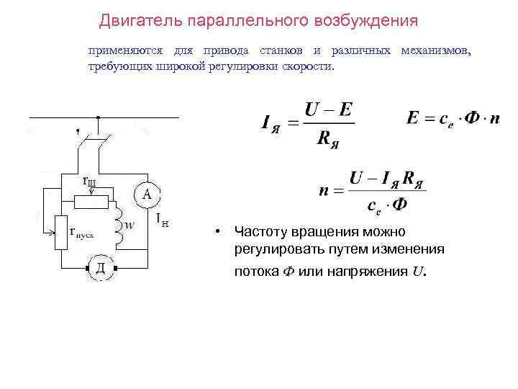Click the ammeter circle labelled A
(147, 194)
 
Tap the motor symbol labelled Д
(101, 269)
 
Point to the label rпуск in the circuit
(86, 232)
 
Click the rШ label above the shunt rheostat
(94, 182)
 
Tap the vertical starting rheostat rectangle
(61, 232)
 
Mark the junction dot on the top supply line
(98, 117)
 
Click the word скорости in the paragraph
(310, 66)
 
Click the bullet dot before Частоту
(216, 232)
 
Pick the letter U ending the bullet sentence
(418, 272)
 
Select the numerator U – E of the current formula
(328, 110)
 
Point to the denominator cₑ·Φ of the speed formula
(387, 205)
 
